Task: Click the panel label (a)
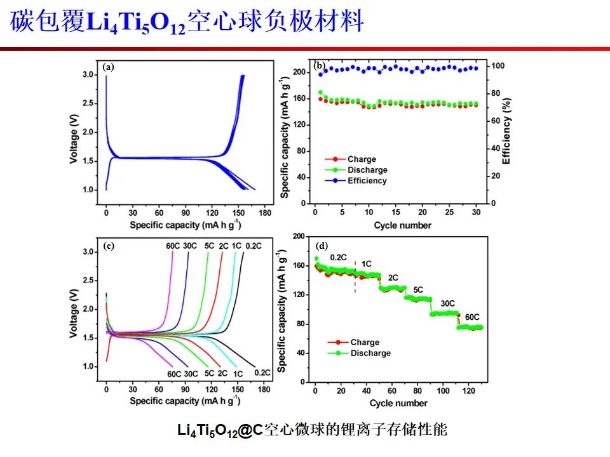pyautogui.click(x=108, y=67)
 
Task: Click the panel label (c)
pyautogui.click(x=108, y=247)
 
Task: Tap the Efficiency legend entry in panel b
pyautogui.click(x=367, y=181)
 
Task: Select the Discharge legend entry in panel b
pyautogui.click(x=367, y=170)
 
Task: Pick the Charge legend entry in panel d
pyautogui.click(x=364, y=343)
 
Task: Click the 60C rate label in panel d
pyautogui.click(x=472, y=317)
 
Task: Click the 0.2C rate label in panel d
pyautogui.click(x=338, y=258)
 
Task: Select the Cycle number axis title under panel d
pyautogui.click(x=398, y=403)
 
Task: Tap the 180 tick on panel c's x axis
pyautogui.click(x=264, y=388)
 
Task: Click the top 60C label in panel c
pyautogui.click(x=172, y=246)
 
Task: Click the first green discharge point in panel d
pyautogui.click(x=316, y=259)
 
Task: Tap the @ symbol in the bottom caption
pyautogui.click(x=244, y=431)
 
